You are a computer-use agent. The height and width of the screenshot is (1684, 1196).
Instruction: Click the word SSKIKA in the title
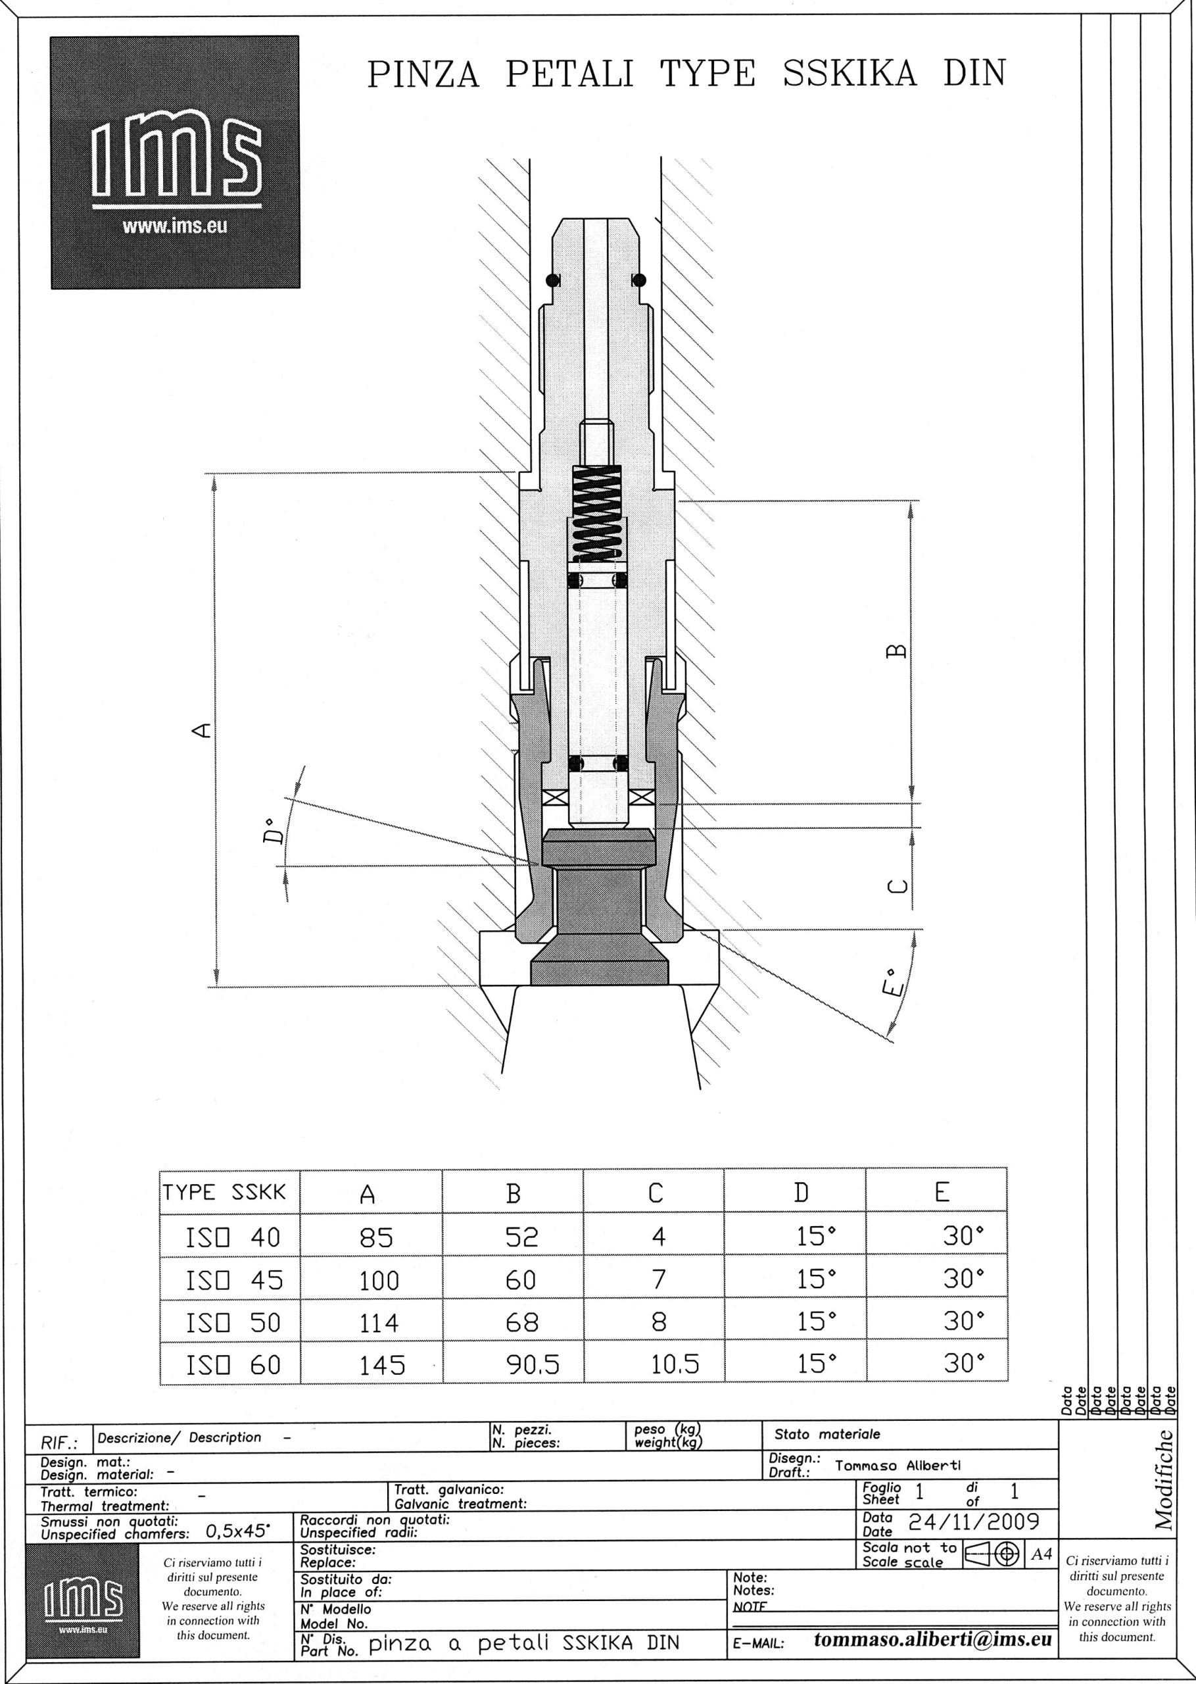click(850, 74)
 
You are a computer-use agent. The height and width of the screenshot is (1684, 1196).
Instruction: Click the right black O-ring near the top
click(639, 280)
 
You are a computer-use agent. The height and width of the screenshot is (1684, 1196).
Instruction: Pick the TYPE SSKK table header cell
click(225, 1193)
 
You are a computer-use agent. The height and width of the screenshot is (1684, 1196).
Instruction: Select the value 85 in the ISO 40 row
click(376, 1237)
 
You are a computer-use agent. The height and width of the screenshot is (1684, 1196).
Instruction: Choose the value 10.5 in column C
click(675, 1366)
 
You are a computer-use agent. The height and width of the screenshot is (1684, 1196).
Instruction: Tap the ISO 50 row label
click(233, 1323)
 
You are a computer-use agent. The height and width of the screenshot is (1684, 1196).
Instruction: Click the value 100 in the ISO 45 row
click(379, 1281)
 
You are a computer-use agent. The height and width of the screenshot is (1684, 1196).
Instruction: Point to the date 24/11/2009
click(973, 1522)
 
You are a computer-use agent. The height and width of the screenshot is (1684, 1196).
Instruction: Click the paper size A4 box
click(1041, 1554)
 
